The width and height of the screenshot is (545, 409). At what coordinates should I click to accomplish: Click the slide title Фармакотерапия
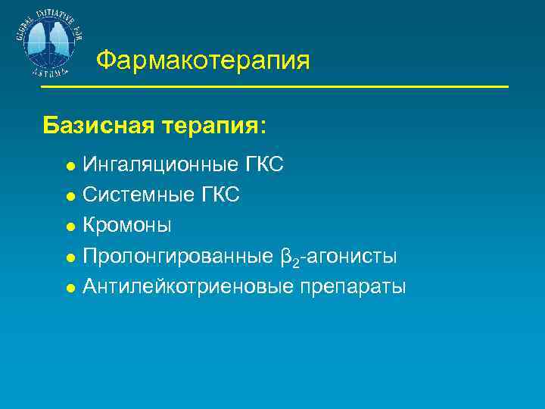click(204, 60)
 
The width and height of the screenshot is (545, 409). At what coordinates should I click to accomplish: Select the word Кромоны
click(126, 226)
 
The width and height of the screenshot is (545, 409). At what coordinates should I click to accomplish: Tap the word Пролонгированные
click(175, 256)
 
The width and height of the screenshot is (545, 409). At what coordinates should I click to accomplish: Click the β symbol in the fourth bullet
click(285, 257)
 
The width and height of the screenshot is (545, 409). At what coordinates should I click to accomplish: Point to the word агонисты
click(351, 256)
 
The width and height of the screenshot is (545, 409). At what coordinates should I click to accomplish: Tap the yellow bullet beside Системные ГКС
click(70, 196)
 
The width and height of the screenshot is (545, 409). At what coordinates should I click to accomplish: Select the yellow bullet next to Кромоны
click(70, 226)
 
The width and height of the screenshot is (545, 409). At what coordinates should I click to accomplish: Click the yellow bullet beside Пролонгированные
click(70, 257)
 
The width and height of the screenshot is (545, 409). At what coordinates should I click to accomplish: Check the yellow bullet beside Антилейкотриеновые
click(70, 288)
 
